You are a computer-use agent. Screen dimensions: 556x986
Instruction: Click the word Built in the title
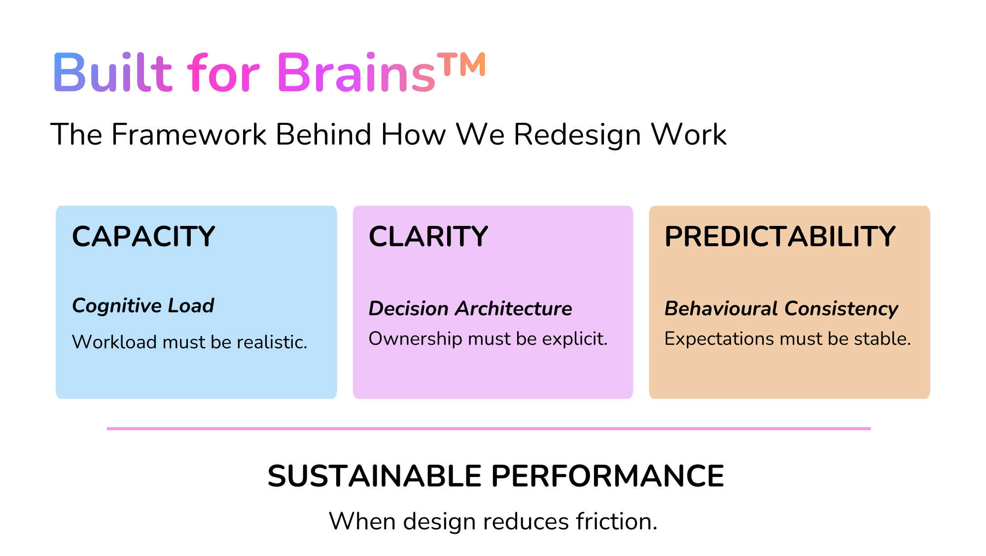[x=112, y=73]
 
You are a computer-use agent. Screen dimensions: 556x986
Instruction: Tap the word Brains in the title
[x=356, y=73]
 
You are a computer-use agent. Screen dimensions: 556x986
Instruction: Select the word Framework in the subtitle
[x=189, y=134]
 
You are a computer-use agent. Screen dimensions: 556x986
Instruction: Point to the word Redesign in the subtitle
[x=577, y=135]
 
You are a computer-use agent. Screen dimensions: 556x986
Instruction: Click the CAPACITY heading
[x=143, y=236]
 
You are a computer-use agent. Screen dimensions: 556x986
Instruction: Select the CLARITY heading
[x=428, y=236]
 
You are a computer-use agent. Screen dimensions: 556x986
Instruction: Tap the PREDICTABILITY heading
[x=779, y=236]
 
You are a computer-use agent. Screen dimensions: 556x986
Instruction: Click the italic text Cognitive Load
[x=143, y=306]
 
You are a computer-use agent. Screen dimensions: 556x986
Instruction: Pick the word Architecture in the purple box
[x=513, y=309]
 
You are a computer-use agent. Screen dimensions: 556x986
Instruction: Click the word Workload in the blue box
[x=114, y=342]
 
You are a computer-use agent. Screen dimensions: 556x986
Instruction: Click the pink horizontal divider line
[x=488, y=428]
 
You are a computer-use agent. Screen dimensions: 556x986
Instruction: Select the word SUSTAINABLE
[x=374, y=476]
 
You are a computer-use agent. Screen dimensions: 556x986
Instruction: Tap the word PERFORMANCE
[x=607, y=476]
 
